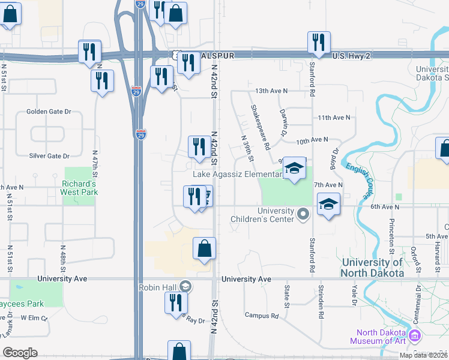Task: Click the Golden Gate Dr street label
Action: pos(49,112)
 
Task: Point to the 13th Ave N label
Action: pos(271,91)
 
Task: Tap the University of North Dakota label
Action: pos(380,268)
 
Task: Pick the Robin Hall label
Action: pos(157,287)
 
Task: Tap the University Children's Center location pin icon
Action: pos(304,214)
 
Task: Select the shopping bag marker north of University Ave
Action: pos(204,248)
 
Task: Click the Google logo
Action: pos(20,353)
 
